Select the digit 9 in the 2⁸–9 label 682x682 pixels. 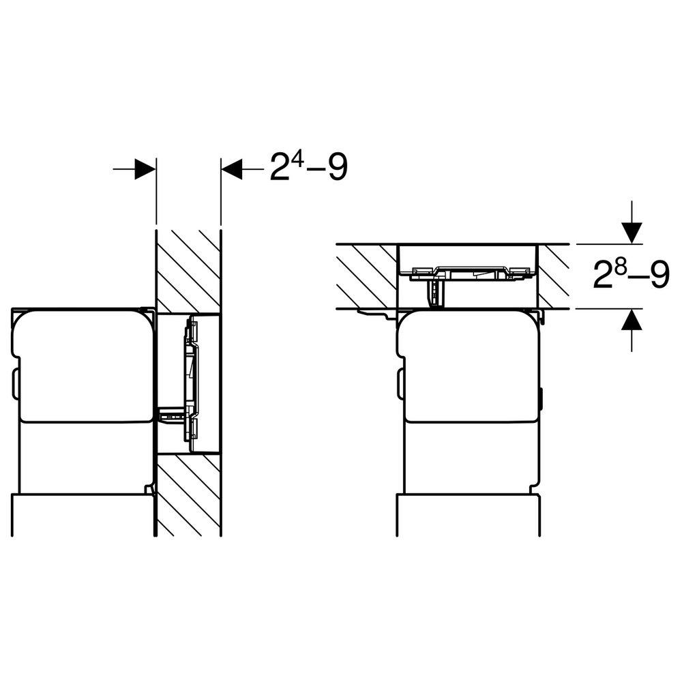coord(657,276)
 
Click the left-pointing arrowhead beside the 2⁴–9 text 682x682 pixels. coord(232,169)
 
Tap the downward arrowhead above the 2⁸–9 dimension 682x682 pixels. coord(633,234)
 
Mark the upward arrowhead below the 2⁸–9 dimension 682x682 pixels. coord(633,319)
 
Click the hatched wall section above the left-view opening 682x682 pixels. coord(188,269)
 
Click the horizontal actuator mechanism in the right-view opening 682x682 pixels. coord(471,273)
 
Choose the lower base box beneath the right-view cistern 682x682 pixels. coord(469,522)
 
